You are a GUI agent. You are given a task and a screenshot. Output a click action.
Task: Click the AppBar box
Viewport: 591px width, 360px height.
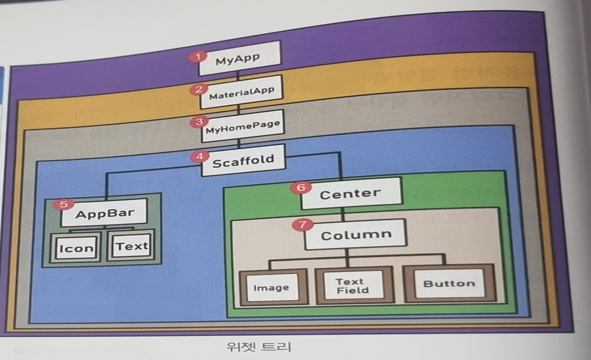[103, 215]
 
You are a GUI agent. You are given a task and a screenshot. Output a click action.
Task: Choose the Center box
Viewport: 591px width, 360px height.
[351, 193]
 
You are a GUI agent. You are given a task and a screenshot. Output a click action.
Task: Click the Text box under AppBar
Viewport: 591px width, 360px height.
[131, 246]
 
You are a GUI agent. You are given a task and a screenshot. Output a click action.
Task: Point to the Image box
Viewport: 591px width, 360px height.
[271, 287]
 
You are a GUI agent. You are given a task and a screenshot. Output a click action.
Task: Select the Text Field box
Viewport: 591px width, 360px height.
[353, 285]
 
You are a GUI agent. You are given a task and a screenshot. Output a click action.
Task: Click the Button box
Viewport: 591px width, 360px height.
[449, 283]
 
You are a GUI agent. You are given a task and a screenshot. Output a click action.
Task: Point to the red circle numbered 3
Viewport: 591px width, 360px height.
[197, 122]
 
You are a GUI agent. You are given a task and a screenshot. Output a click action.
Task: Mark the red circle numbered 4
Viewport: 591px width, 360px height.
[198, 156]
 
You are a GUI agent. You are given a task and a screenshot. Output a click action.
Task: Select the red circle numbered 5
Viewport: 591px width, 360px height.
[64, 204]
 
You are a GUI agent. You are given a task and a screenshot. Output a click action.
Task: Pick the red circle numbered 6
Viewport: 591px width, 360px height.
[300, 187]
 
